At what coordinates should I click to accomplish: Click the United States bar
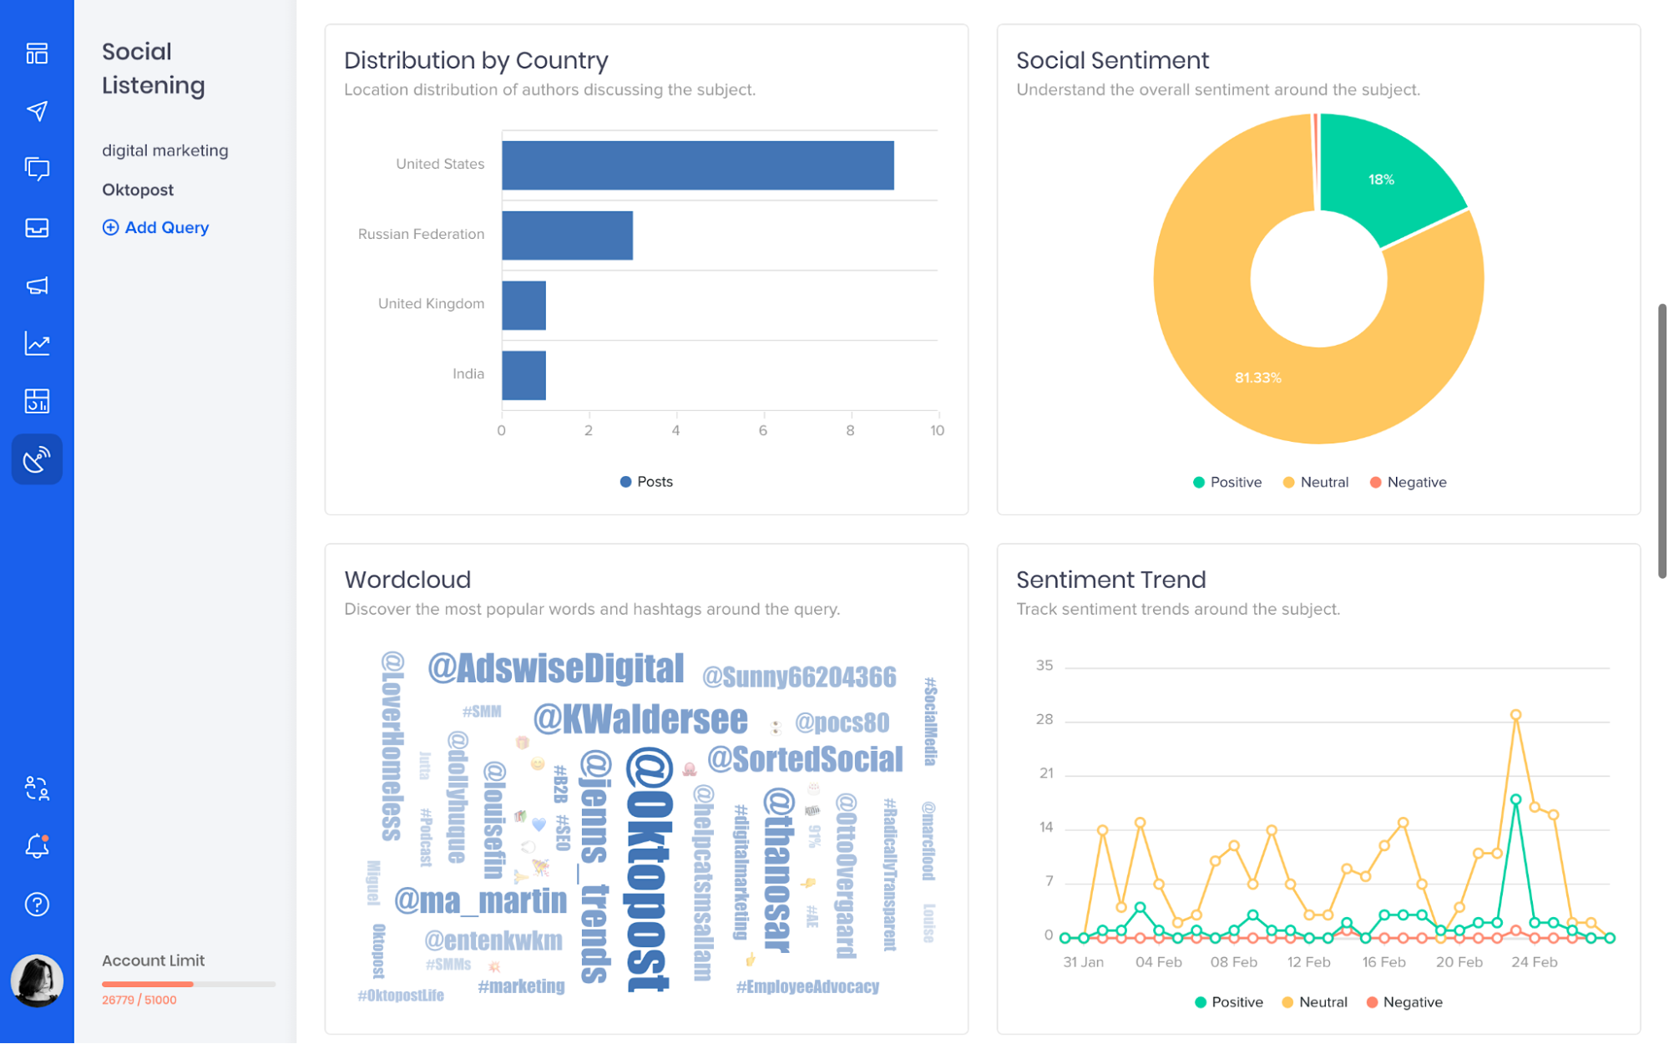pos(697,165)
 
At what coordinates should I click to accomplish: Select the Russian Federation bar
pos(567,236)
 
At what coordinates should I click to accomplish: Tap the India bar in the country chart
pos(523,375)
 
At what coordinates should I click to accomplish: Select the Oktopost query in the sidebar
pos(138,190)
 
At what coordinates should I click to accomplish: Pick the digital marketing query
pos(165,150)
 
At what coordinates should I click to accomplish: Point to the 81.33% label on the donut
pos(1257,378)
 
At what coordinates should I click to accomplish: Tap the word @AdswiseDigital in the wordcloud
pos(556,668)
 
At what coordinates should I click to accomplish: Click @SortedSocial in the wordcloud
pos(805,759)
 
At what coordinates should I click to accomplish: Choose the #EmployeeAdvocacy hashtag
pos(807,987)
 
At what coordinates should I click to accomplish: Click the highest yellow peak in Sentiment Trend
pos(1515,715)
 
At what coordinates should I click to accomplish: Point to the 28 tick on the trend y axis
pos(1044,719)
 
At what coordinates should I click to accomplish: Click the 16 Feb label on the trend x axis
pos(1383,962)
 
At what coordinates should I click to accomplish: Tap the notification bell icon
pos(37,846)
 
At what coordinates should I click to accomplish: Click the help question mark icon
pos(37,905)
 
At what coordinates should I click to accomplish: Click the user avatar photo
pos(37,981)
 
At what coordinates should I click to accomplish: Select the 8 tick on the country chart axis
pos(850,430)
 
